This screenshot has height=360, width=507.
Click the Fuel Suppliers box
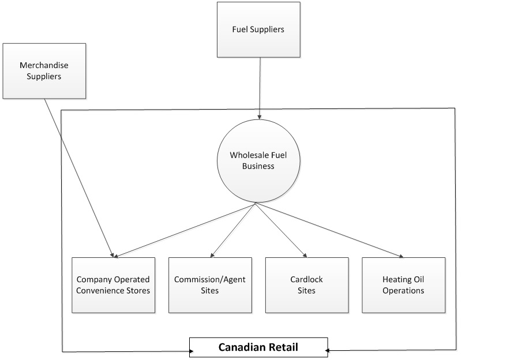[258, 29]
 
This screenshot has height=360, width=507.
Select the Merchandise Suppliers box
[44, 70]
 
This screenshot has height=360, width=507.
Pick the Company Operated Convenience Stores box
[113, 285]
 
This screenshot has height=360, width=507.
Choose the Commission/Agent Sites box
[210, 285]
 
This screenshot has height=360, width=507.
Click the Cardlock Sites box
[306, 285]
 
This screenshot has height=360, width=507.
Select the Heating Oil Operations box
[403, 285]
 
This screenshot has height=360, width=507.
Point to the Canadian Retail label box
[258, 347]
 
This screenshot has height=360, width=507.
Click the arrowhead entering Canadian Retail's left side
[187, 351]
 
